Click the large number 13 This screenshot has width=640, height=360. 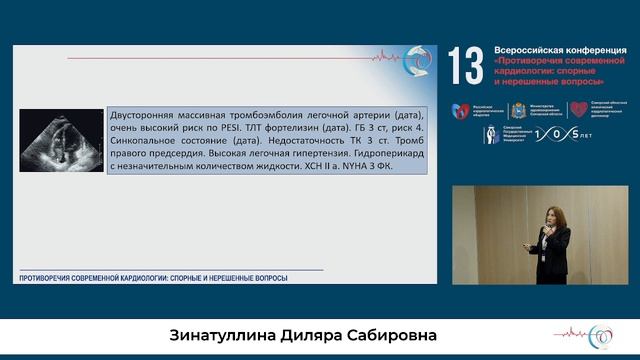point(465,65)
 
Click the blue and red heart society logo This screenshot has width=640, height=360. point(461,111)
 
